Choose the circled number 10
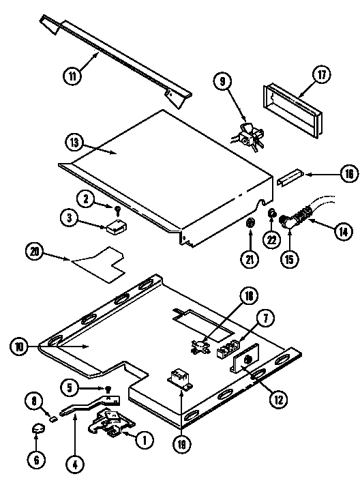pyautogui.click(x=20, y=347)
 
